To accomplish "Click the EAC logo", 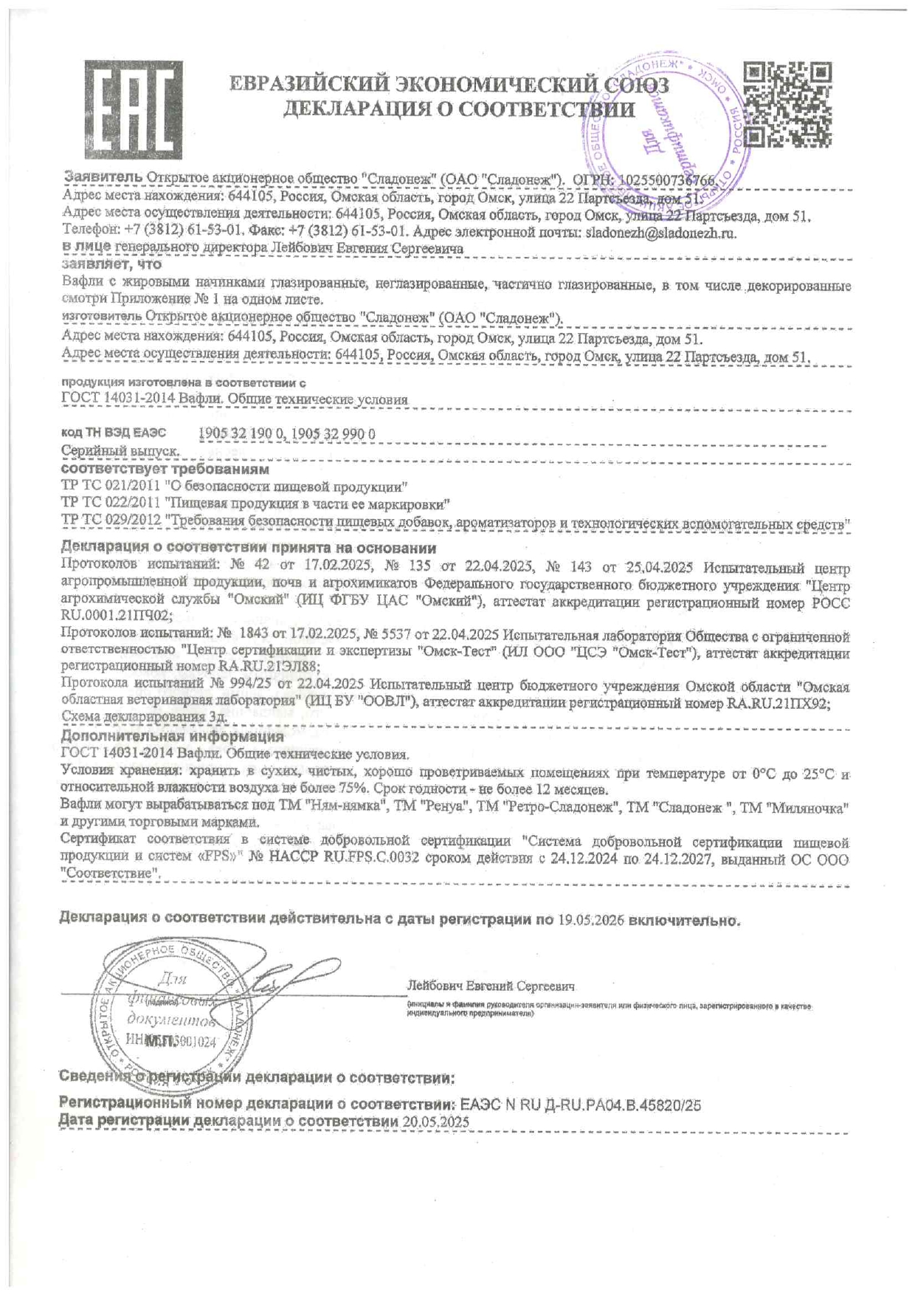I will [x=133, y=106].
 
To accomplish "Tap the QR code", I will [x=787, y=104].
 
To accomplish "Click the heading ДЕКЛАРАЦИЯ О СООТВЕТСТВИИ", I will [x=459, y=110].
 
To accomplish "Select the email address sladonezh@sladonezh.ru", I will [x=660, y=233].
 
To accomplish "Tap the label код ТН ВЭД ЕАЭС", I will [x=114, y=433].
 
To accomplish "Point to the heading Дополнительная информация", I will [x=172, y=736].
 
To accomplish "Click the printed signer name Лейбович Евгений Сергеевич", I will [x=491, y=986].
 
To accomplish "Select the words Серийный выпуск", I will [x=120, y=450].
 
